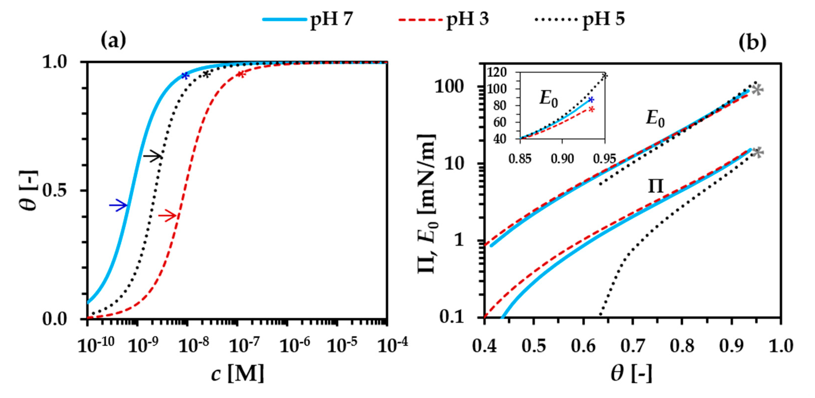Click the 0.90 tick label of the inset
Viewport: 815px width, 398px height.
point(562,158)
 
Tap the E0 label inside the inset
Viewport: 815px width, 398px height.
point(548,99)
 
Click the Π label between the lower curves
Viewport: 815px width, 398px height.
point(655,186)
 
